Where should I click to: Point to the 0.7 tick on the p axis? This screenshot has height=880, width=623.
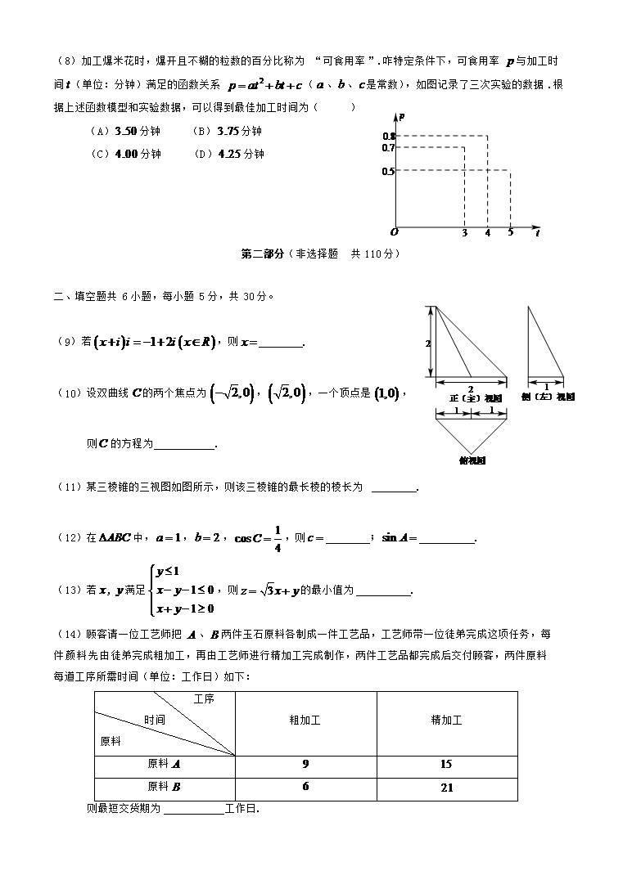pos(388,148)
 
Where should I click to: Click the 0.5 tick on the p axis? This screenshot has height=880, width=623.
pos(388,171)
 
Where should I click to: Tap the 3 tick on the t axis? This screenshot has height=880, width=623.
pos(465,233)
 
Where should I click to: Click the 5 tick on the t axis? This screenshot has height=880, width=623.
pos(510,233)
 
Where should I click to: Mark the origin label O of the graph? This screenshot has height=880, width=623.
pos(394,232)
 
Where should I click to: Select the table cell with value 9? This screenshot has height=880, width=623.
pos(305,765)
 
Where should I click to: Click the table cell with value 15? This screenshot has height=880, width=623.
pos(446,765)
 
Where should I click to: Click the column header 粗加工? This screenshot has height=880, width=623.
pos(305,721)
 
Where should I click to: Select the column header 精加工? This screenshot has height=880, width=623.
pos(446,721)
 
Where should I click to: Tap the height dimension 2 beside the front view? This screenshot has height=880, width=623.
pos(427,343)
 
